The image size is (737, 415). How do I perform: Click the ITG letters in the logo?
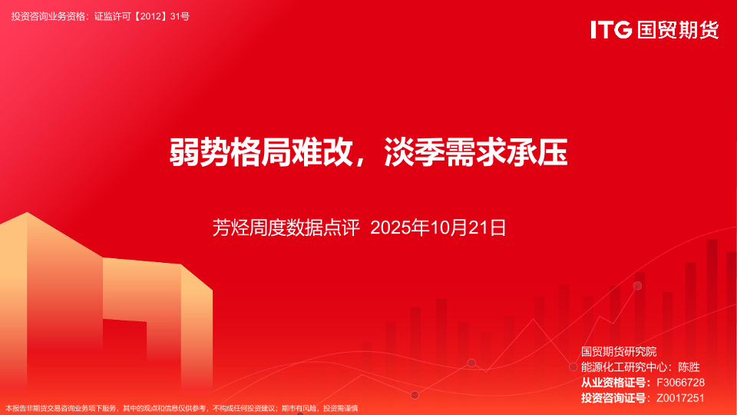tap(611, 30)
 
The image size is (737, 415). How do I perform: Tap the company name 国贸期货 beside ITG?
tap(678, 30)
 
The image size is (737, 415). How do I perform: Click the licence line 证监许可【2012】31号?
tap(142, 16)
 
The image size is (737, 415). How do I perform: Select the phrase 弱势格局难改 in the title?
tap(261, 152)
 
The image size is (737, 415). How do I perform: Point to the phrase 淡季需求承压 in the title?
tap(476, 152)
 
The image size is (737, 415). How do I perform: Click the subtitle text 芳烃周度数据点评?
tap(286, 227)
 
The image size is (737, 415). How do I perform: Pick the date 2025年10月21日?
tap(438, 227)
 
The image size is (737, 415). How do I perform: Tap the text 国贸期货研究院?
tap(619, 351)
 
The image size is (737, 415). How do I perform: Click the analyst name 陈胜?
tap(689, 367)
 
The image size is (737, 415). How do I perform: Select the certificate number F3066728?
tap(681, 383)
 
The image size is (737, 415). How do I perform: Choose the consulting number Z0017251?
tap(681, 398)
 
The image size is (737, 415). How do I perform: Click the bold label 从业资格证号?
tap(613, 383)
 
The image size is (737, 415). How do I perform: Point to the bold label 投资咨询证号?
tap(613, 398)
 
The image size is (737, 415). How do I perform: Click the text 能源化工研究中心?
tap(623, 367)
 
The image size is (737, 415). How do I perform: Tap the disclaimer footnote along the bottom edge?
tap(182, 408)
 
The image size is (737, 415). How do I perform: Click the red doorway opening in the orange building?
tap(124, 357)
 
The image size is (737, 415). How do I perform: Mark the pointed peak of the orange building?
tap(27, 213)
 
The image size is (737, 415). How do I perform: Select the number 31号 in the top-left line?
tap(180, 16)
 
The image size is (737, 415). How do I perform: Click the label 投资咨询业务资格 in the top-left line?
tap(48, 16)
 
